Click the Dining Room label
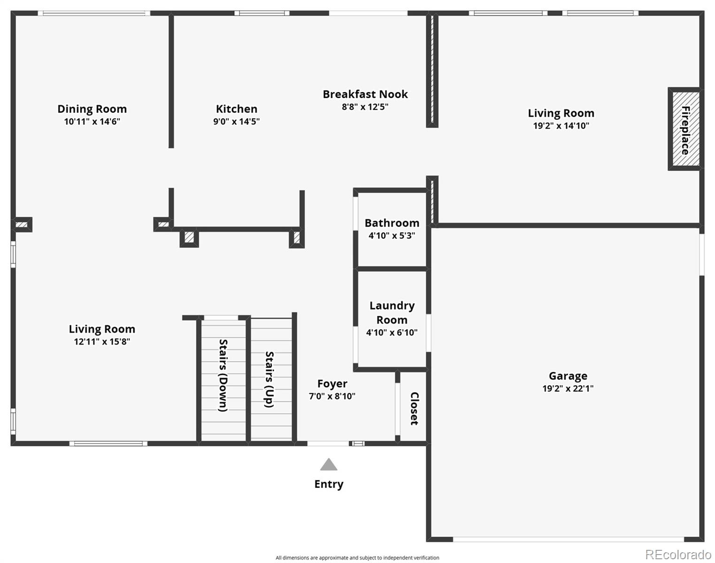pyautogui.click(x=92, y=109)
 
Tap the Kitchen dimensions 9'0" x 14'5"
pyautogui.click(x=236, y=122)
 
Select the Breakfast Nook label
pyautogui.click(x=365, y=94)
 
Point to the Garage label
pyautogui.click(x=568, y=376)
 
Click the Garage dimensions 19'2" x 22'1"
pyautogui.click(x=568, y=388)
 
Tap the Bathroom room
pyautogui.click(x=392, y=229)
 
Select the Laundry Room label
pyautogui.click(x=392, y=312)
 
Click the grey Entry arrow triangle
pyautogui.click(x=329, y=465)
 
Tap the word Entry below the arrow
pyautogui.click(x=329, y=484)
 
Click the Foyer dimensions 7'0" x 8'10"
pyautogui.click(x=332, y=396)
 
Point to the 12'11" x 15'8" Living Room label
pyautogui.click(x=102, y=329)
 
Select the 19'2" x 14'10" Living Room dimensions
pyautogui.click(x=561, y=126)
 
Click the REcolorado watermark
pyautogui.click(x=677, y=555)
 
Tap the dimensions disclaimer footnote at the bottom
pyautogui.click(x=357, y=558)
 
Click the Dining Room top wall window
pyautogui.click(x=94, y=13)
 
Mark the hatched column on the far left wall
pyautogui.click(x=22, y=225)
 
